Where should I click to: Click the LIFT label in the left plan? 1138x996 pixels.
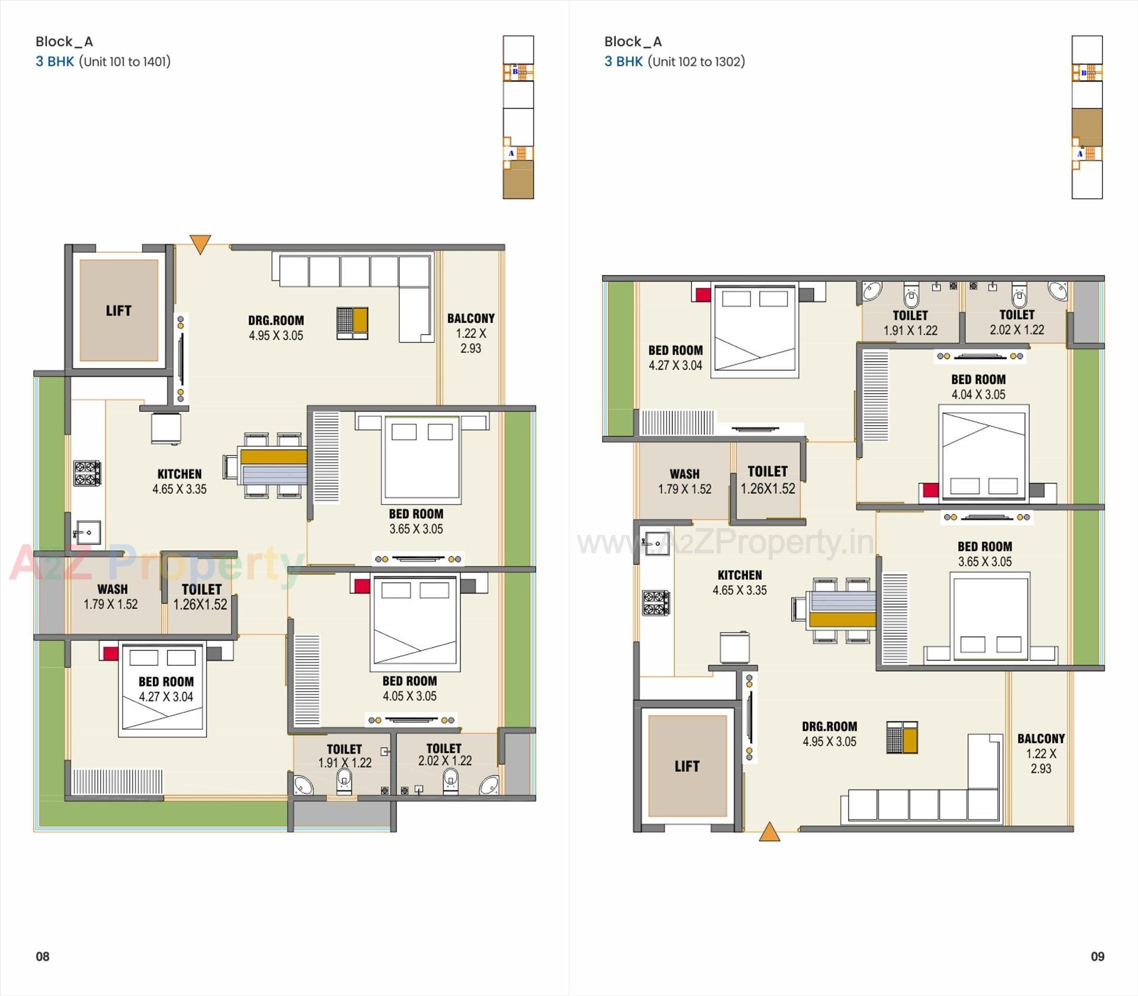[x=119, y=311]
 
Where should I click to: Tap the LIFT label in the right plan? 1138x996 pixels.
[x=687, y=766]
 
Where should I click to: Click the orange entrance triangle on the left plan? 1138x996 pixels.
[x=200, y=244]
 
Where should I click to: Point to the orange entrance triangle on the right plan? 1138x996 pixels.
[x=769, y=832]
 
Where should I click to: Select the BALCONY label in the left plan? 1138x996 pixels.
[x=471, y=318]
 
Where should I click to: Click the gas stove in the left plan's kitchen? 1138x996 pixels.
[x=87, y=473]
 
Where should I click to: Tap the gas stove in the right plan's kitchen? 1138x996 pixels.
[x=656, y=602]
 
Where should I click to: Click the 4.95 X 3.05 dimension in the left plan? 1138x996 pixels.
[x=276, y=336]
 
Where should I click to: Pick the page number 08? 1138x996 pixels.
[x=43, y=956]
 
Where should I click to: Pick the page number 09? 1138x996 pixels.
[x=1097, y=956]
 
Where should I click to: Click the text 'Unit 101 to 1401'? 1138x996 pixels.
[x=124, y=62]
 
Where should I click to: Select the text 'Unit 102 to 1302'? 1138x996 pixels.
[x=696, y=62]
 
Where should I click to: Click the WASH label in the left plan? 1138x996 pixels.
[x=113, y=589]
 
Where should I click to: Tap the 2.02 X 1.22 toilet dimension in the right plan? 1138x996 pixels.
[x=1017, y=330]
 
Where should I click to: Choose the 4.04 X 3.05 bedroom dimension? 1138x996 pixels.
[x=979, y=394]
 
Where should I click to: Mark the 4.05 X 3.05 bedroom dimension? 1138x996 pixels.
[x=410, y=696]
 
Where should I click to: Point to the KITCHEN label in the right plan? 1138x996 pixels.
[x=740, y=575]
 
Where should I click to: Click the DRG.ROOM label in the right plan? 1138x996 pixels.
[x=829, y=726]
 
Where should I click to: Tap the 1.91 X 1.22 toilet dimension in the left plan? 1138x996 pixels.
[x=345, y=763]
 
